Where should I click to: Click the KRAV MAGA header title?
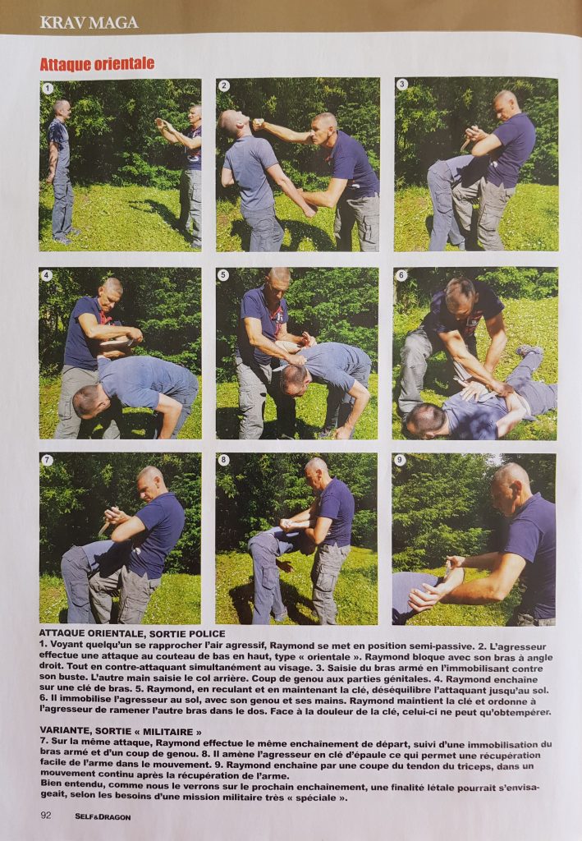pos(89,22)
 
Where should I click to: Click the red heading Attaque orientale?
pos(97,64)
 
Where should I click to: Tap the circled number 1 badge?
pos(48,89)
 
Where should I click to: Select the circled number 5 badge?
pos(223,275)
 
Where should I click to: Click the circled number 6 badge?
pos(401,275)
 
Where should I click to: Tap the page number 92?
pos(46,816)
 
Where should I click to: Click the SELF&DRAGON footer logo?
pos(103,817)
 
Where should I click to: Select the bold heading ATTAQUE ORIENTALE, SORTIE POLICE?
pos(132,634)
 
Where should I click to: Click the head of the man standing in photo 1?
pos(62,109)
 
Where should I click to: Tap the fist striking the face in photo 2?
pos(259,125)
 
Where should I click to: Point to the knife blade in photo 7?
pos(104,528)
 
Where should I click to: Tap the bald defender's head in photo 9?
pos(511,487)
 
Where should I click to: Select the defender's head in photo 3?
pos(506,105)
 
